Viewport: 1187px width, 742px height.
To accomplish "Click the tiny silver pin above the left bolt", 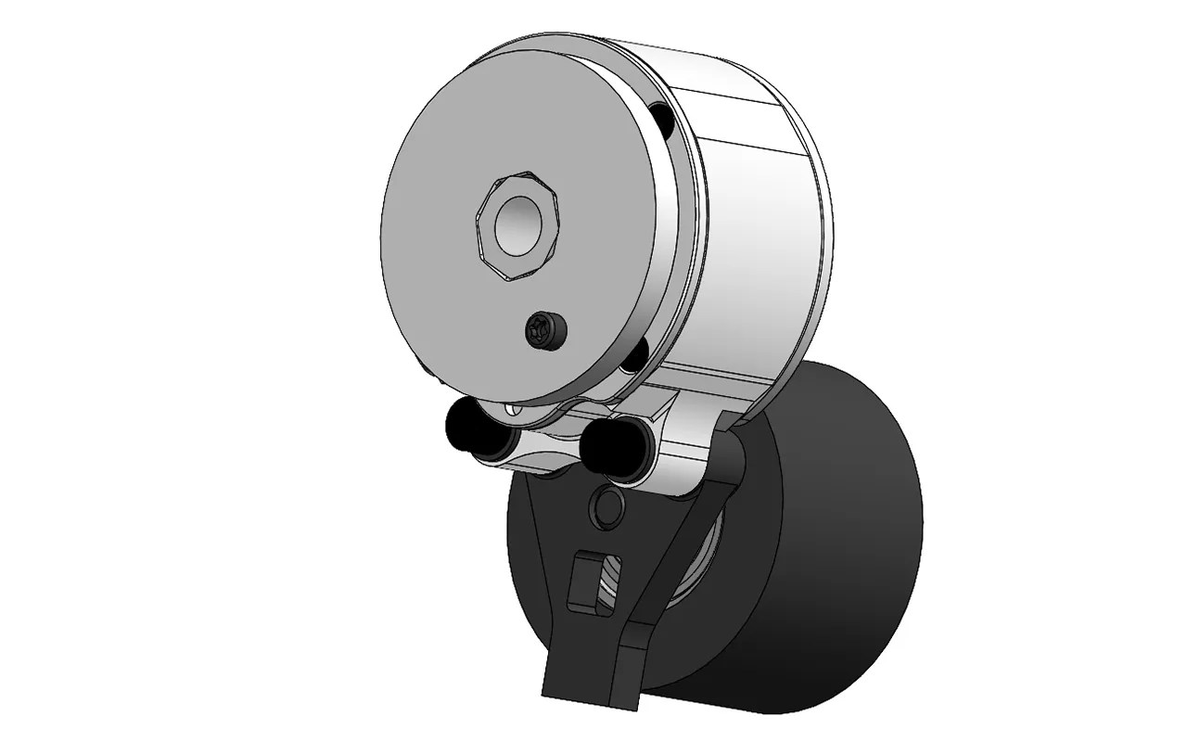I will (507, 407).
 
